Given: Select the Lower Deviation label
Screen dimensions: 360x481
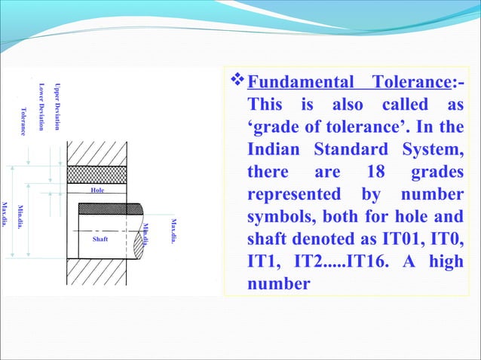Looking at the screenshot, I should point(42,105).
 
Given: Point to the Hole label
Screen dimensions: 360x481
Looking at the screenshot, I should point(97,191).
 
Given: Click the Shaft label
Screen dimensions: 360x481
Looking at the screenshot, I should point(100,239).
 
